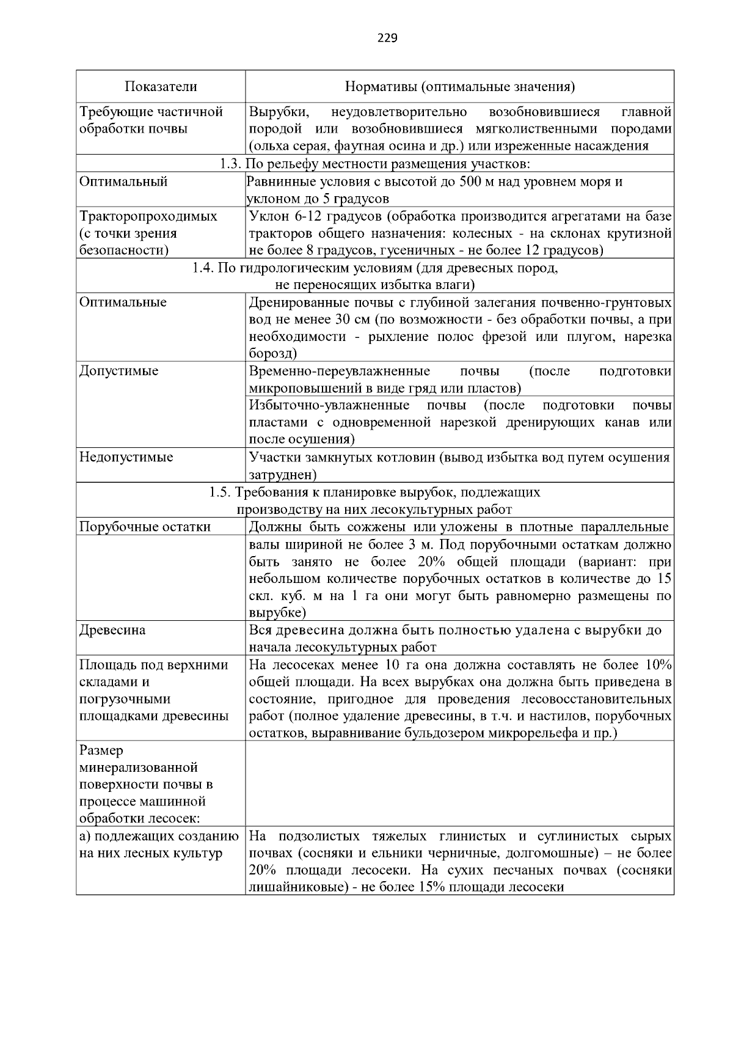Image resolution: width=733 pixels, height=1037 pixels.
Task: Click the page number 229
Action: click(x=387, y=38)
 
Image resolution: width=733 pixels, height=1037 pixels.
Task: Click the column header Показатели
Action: click(x=161, y=87)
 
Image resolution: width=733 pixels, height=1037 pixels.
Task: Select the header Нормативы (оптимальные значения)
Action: click(x=459, y=87)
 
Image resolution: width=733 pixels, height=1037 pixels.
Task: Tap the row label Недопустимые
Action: click(x=126, y=457)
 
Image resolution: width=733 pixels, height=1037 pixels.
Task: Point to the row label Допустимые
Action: click(x=119, y=371)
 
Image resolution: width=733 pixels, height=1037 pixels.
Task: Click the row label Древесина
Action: click(x=112, y=630)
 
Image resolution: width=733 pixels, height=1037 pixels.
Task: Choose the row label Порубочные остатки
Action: click(x=145, y=527)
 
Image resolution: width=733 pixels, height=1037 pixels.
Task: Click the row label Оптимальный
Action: click(x=123, y=181)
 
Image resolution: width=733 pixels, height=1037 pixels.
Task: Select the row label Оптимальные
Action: click(x=123, y=302)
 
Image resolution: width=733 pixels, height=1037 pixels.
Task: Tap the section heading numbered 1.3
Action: click(x=374, y=164)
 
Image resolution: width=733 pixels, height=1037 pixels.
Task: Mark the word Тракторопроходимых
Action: click(x=148, y=216)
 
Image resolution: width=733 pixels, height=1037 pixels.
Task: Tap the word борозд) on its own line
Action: click(x=272, y=353)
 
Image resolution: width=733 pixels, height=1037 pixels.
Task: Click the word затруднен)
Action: click(x=282, y=474)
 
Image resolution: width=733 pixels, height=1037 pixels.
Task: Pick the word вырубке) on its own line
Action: click(x=277, y=612)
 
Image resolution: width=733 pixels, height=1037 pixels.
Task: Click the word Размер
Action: click(x=101, y=750)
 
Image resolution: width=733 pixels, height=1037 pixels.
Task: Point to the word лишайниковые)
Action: click(x=293, y=887)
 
